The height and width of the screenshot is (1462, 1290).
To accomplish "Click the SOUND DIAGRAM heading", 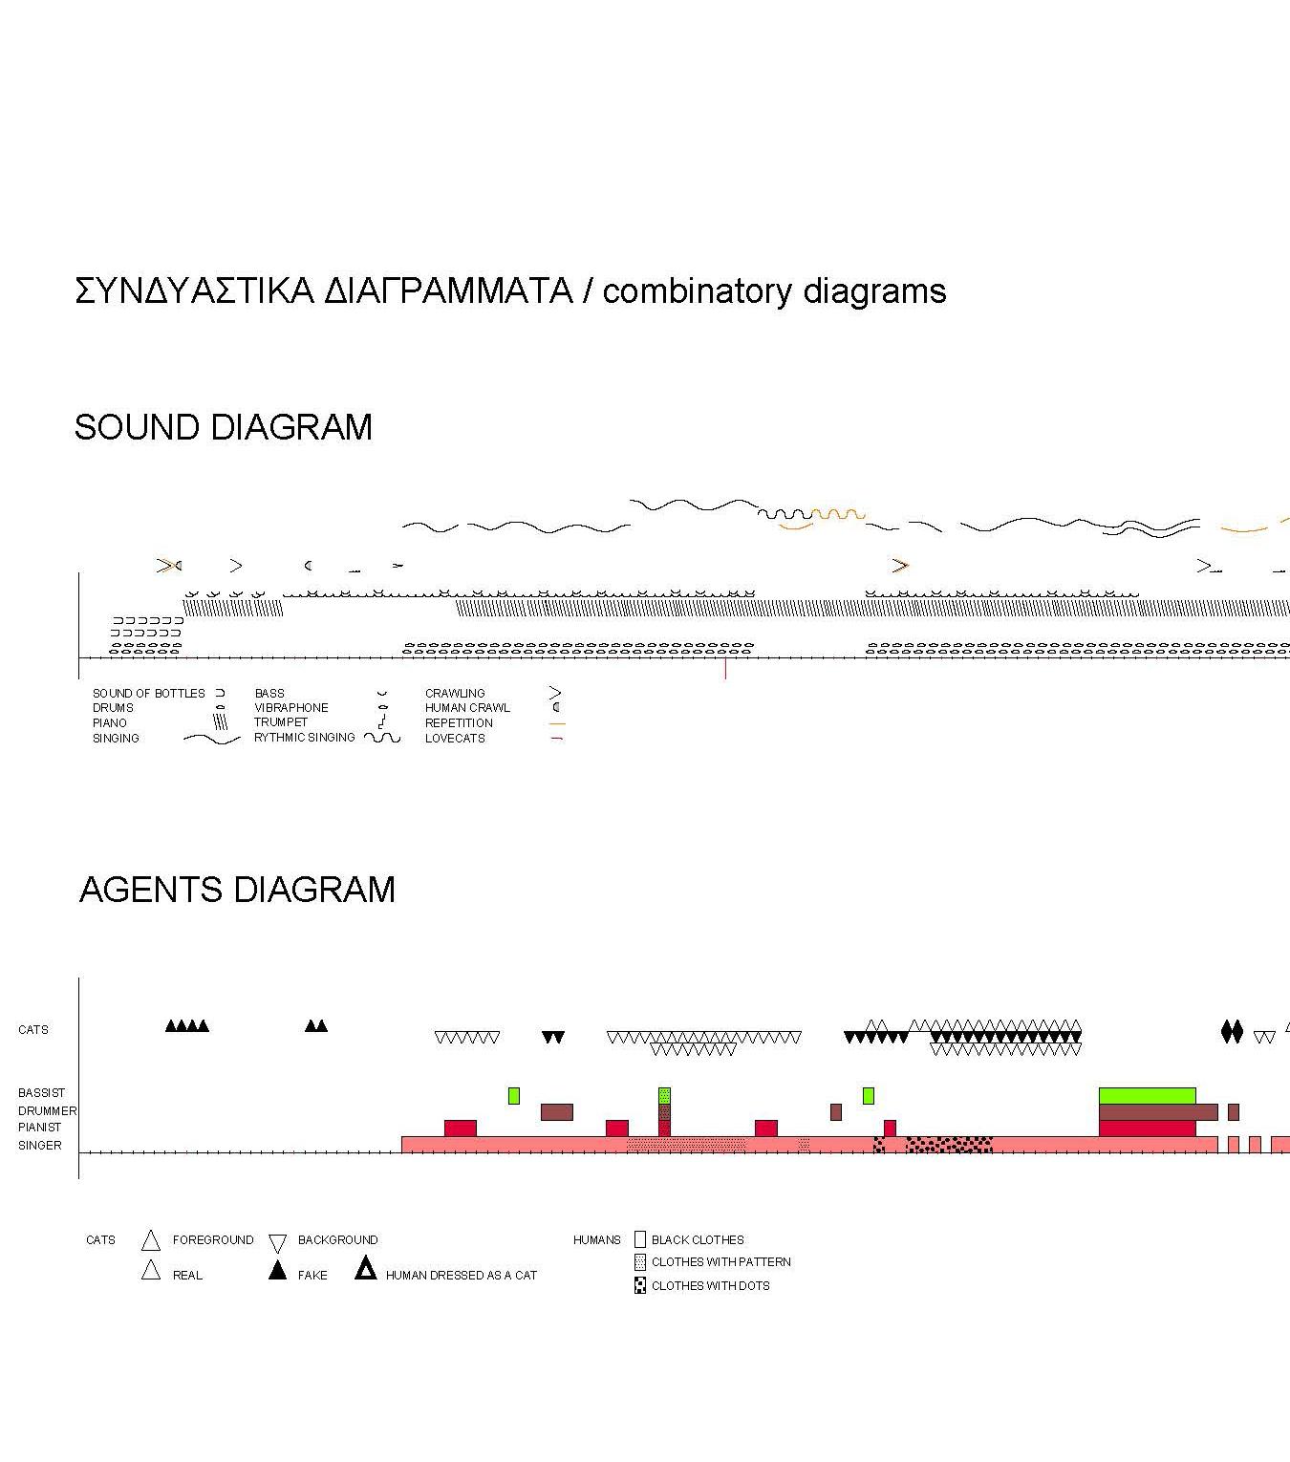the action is (x=223, y=427).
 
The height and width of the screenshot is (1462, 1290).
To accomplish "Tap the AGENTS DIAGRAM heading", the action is (x=237, y=890).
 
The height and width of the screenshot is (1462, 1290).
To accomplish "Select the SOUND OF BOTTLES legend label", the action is (x=148, y=693).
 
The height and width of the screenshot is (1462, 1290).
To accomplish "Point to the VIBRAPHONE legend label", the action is (x=290, y=708).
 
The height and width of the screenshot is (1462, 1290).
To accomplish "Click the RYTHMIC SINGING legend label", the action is (x=304, y=738).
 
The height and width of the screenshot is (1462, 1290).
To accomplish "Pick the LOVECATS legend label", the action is (x=455, y=739).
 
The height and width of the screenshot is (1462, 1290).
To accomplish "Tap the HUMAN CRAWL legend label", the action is (x=467, y=708).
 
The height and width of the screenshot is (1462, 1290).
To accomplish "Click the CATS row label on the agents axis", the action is (x=32, y=1030).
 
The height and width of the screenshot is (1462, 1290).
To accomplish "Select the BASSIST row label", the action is (x=41, y=1093).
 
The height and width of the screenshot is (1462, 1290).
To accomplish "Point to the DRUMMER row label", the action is (x=47, y=1111).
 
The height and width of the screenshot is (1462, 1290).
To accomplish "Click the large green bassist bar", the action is (x=1147, y=1095).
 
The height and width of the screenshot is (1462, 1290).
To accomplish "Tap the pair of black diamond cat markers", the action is (x=1232, y=1032).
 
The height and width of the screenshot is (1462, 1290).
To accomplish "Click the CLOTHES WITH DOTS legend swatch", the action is (x=640, y=1286).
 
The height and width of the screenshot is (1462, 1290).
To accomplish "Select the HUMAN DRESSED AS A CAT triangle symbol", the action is (x=365, y=1270).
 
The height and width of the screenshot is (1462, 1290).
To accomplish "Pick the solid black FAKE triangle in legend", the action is (x=277, y=1271).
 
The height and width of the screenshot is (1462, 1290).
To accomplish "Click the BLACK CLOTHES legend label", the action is (x=698, y=1240).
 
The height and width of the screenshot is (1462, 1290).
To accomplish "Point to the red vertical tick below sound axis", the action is (x=725, y=669).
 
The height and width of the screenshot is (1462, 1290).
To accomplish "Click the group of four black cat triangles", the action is (x=187, y=1026).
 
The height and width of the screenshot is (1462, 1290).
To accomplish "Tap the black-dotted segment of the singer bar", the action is (x=948, y=1144).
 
